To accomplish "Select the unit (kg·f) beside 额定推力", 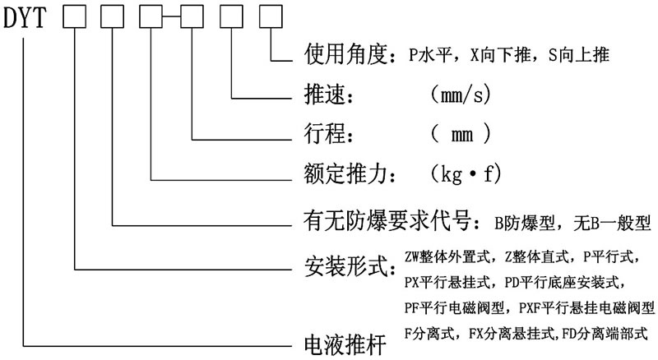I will pyautogui.click(x=465, y=174).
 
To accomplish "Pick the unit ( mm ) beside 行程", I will pyautogui.click(x=461, y=132).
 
